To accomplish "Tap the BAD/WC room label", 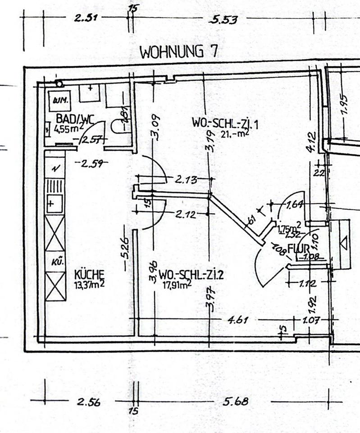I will [75, 119].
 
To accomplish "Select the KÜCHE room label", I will [90, 274].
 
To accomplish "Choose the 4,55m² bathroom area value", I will [69, 129].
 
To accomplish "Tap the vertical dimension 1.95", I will [345, 105].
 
